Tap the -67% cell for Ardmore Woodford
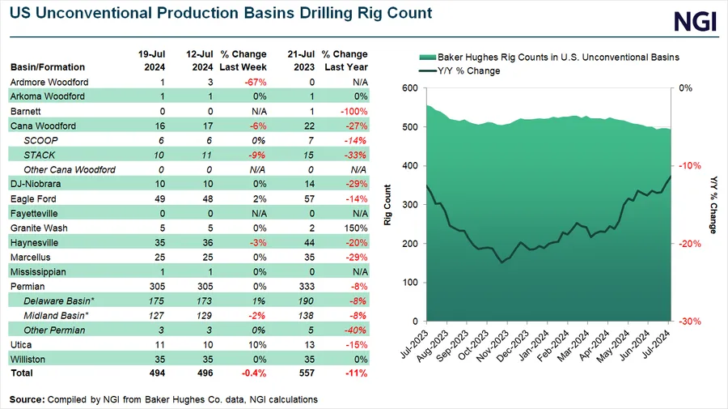(x=257, y=83)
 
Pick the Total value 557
(x=303, y=373)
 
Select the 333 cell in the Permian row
(x=303, y=287)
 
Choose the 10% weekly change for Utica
(x=258, y=345)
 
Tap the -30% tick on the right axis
(x=688, y=321)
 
